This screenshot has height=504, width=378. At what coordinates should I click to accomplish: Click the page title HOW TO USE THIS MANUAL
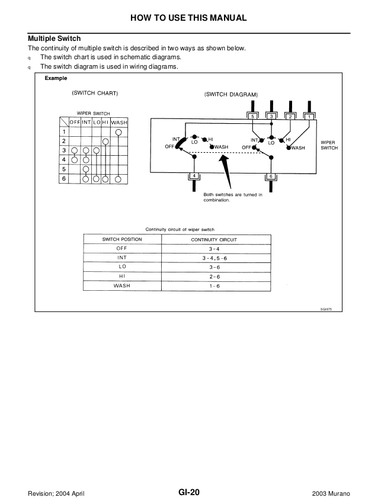tap(188, 18)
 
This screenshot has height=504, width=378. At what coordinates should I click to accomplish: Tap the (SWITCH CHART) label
tap(95, 94)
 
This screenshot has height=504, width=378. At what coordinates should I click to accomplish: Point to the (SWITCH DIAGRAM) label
tap(230, 94)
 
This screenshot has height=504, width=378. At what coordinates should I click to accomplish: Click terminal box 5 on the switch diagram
tap(252, 117)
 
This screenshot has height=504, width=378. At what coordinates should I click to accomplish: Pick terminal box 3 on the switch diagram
tap(271, 117)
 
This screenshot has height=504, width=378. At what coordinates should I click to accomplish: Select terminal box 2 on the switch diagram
tap(290, 117)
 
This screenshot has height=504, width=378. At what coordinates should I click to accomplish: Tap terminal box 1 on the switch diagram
tap(309, 117)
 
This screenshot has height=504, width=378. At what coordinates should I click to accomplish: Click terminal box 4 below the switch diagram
tap(194, 176)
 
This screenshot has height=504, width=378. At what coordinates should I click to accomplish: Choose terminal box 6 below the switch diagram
tap(271, 176)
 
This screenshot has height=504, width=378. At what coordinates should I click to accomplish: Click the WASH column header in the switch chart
tap(119, 122)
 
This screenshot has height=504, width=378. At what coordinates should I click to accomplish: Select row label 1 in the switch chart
tap(64, 131)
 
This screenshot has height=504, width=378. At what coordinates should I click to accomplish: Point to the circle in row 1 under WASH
tap(118, 132)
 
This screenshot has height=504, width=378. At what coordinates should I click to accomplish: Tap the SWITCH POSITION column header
tap(123, 239)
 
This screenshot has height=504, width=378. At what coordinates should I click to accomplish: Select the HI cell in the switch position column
tap(123, 277)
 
